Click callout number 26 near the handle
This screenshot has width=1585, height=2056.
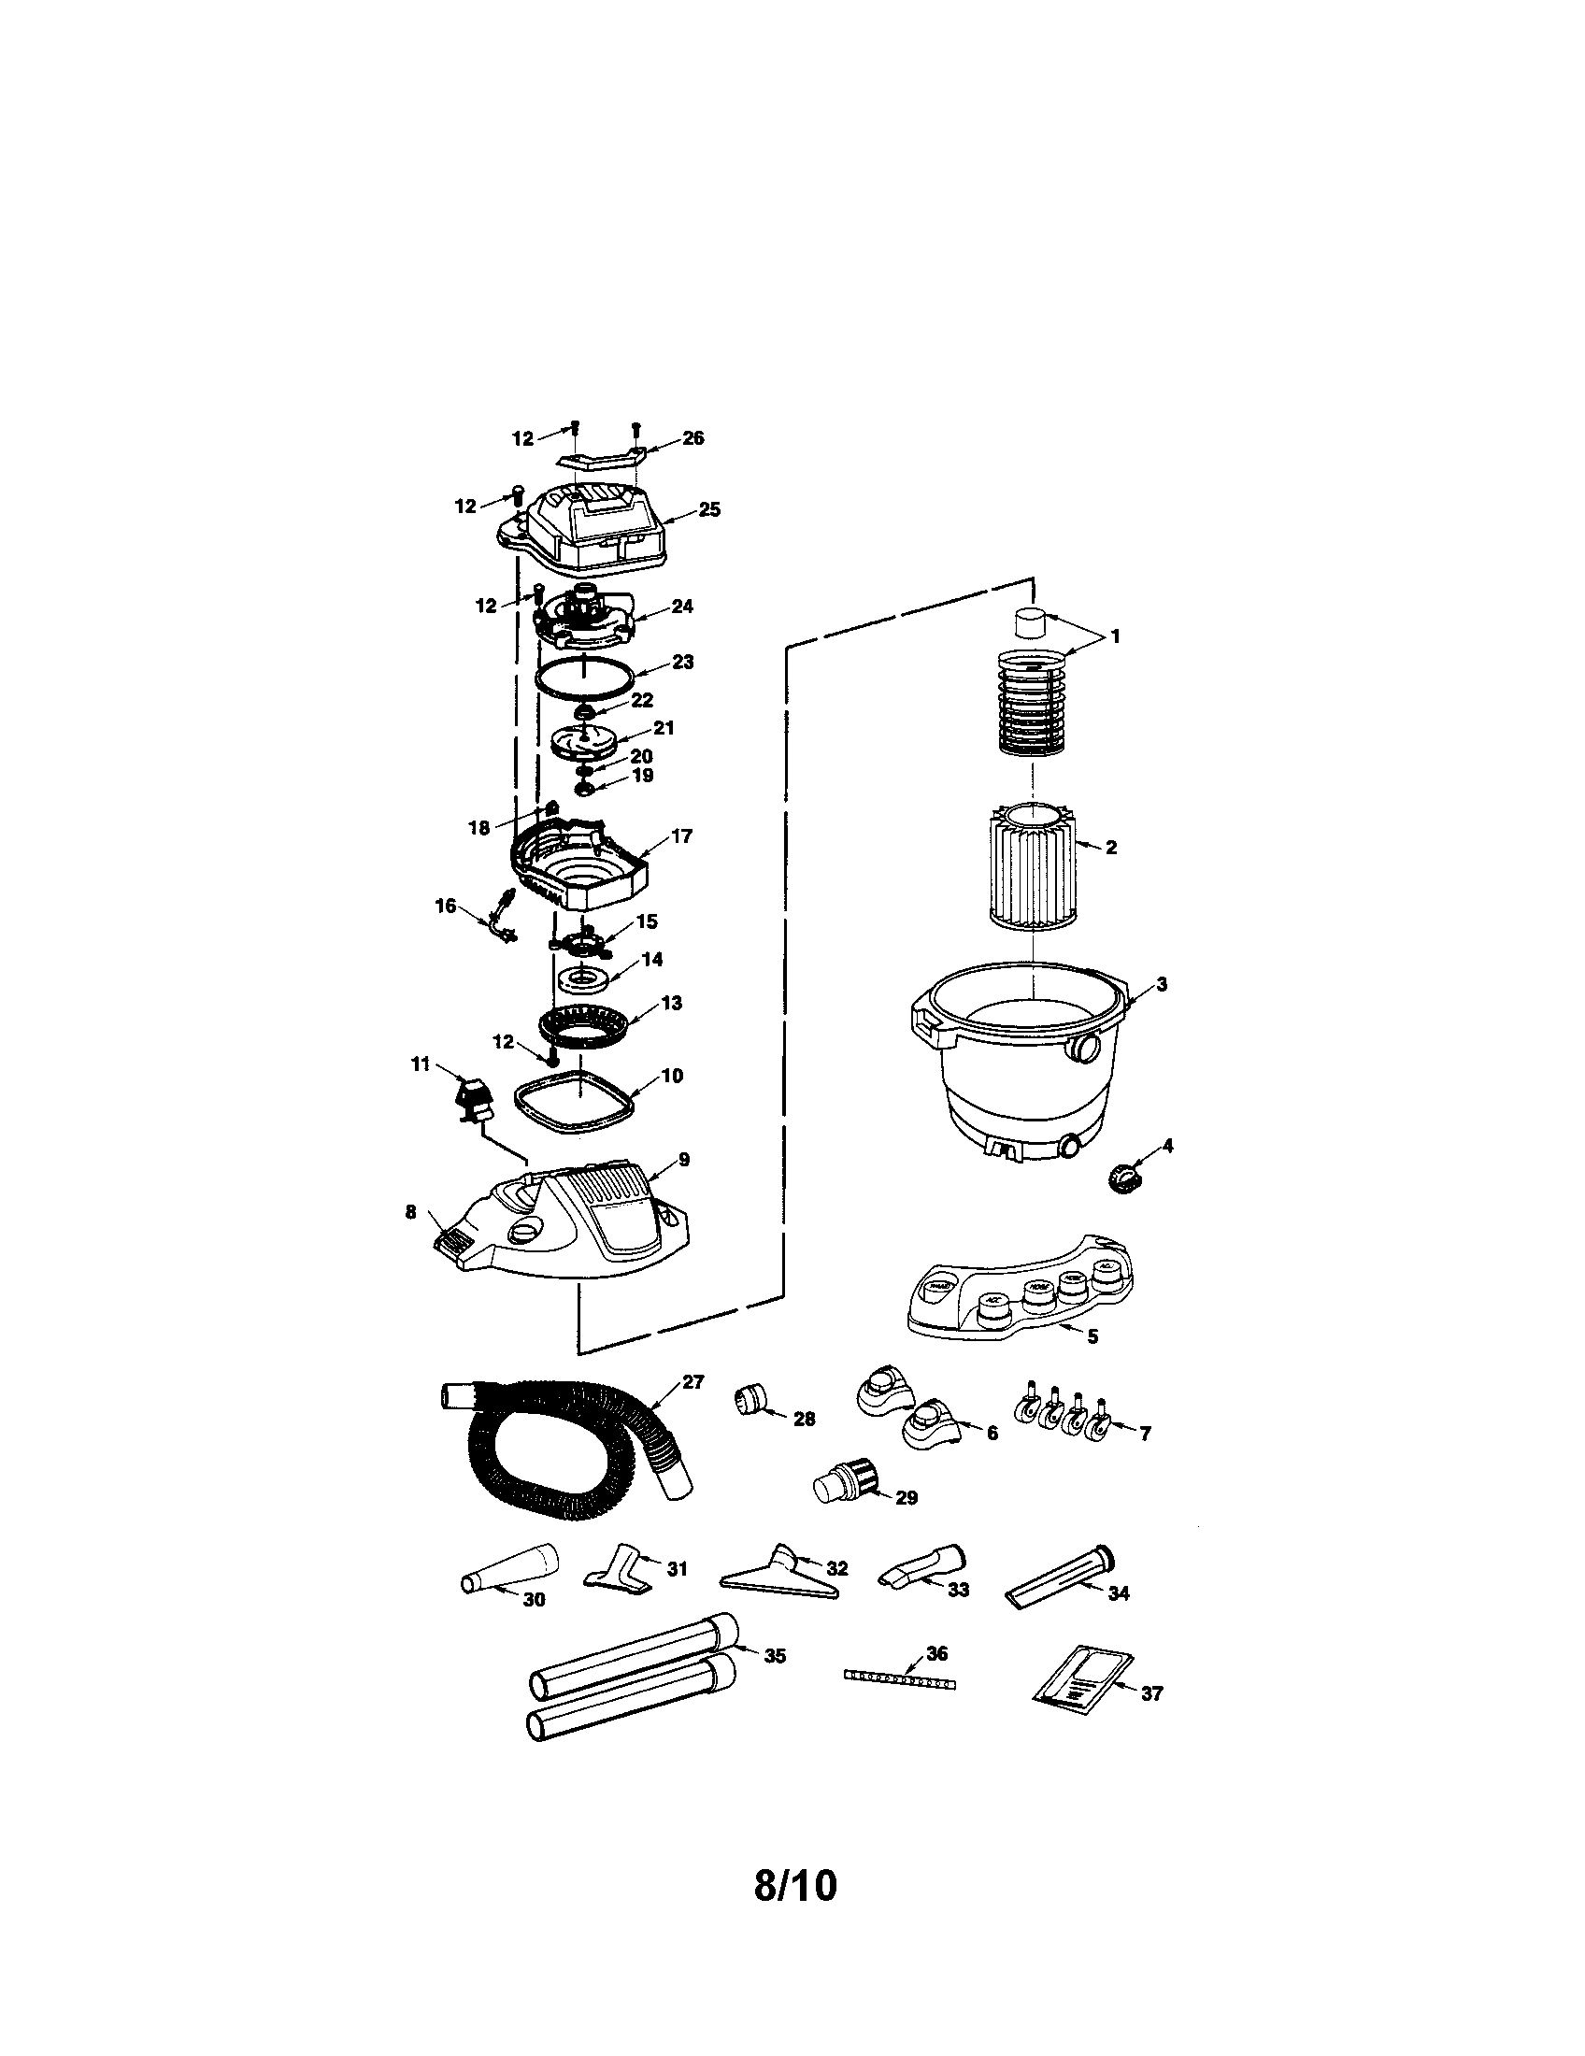tap(693, 437)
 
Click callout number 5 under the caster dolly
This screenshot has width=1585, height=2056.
tap(1092, 1335)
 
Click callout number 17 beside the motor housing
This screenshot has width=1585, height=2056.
tap(681, 835)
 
